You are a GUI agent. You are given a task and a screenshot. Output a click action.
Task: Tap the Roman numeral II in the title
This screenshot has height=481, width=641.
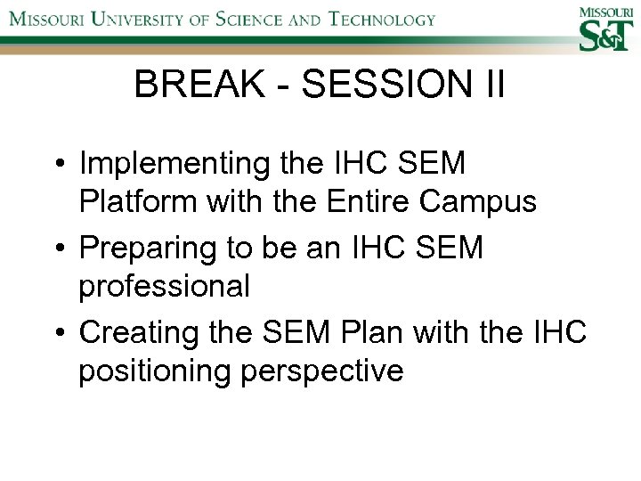491,86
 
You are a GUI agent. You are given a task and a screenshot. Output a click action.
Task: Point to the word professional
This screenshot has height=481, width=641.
163,287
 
